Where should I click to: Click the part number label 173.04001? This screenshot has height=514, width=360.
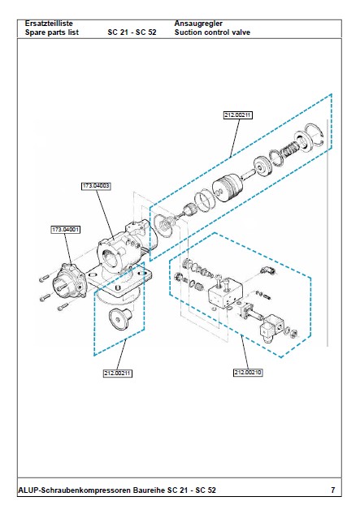(x=65, y=230)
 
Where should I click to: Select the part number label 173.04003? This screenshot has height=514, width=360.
(x=96, y=186)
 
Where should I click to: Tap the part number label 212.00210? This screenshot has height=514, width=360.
(x=248, y=373)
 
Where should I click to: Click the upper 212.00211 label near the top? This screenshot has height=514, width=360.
(x=238, y=115)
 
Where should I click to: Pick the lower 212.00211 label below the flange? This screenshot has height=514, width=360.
(x=118, y=373)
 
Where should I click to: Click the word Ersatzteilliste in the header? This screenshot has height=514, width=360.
(x=49, y=24)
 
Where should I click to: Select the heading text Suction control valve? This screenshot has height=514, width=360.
(x=212, y=32)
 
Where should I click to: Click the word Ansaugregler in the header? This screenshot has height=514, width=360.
(x=198, y=24)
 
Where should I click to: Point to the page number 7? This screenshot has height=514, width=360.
(x=333, y=490)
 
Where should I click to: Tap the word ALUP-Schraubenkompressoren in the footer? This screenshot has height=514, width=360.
(x=75, y=490)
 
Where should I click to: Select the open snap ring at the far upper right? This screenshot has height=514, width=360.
(x=314, y=133)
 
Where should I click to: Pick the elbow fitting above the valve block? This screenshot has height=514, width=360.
(x=267, y=270)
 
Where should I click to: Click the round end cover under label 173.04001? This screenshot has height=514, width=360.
(x=70, y=282)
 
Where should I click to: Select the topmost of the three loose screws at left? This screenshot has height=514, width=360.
(x=44, y=279)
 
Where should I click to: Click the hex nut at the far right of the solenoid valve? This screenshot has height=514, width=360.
(x=294, y=334)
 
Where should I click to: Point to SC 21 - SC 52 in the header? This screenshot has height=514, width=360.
(x=132, y=32)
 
